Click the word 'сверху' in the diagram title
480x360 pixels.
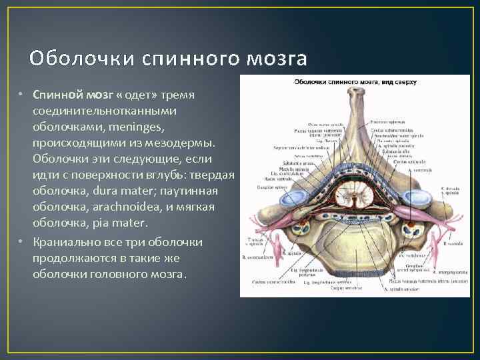pos(401,82)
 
